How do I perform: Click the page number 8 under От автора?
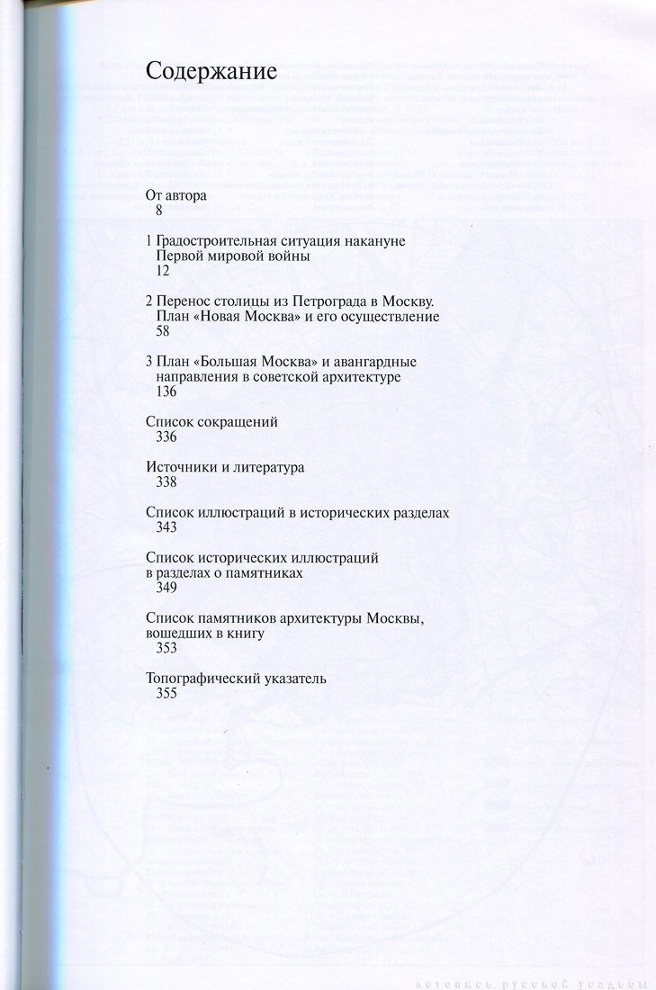pyautogui.click(x=158, y=210)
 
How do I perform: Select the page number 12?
pyautogui.click(x=163, y=271)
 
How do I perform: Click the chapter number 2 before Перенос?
pyautogui.click(x=148, y=301)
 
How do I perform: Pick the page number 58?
pyautogui.click(x=163, y=331)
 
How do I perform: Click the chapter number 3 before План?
pyautogui.click(x=148, y=362)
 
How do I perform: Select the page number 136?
pyautogui.click(x=166, y=391)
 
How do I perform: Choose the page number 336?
pyautogui.click(x=166, y=437)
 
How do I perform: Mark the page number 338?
pyautogui.click(x=166, y=483)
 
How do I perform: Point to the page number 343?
pyautogui.click(x=166, y=529)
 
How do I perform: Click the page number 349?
pyautogui.click(x=166, y=589)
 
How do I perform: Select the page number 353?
pyautogui.click(x=166, y=649)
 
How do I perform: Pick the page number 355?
pyautogui.click(x=166, y=694)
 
